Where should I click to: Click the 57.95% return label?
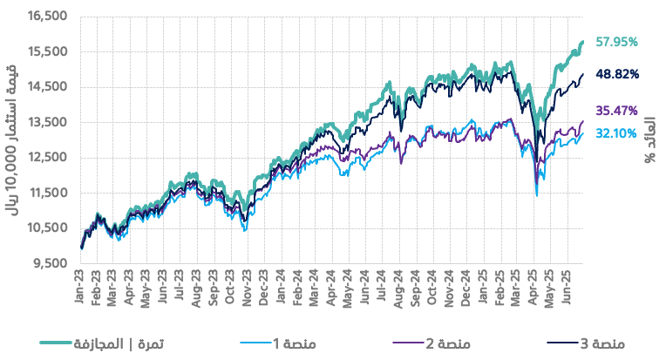pyautogui.click(x=617, y=41)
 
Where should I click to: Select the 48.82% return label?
pyautogui.click(x=617, y=74)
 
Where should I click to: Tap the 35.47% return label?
pyautogui.click(x=617, y=111)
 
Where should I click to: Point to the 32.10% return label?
pyautogui.click(x=617, y=133)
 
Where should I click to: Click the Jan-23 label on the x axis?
pyautogui.click(x=79, y=284)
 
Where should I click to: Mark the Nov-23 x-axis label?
pyautogui.click(x=248, y=284)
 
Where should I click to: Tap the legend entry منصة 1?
pyautogui.click(x=297, y=343)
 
